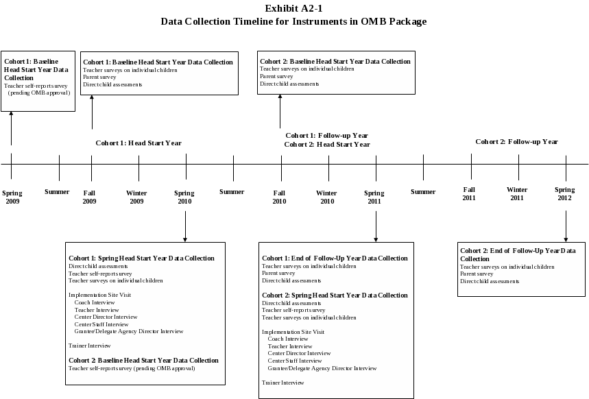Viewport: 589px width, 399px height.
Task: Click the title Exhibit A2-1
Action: (x=293, y=9)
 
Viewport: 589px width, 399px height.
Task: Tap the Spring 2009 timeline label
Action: (x=12, y=197)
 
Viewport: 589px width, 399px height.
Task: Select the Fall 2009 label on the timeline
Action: (x=90, y=197)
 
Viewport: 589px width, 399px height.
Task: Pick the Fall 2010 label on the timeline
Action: (x=279, y=197)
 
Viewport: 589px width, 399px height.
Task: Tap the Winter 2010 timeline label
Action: (x=326, y=197)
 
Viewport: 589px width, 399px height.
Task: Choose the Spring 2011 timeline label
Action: (x=374, y=197)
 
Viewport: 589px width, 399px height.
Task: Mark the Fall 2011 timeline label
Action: (x=470, y=193)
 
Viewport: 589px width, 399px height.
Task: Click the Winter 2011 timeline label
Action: (x=517, y=193)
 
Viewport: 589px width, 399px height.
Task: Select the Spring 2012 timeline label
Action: (x=565, y=193)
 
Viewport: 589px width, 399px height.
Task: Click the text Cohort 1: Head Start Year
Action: (x=138, y=143)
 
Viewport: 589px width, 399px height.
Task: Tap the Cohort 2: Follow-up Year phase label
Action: (x=516, y=142)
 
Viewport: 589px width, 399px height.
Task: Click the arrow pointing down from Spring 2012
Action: (x=566, y=226)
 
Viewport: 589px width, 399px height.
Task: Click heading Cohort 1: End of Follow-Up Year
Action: (x=335, y=258)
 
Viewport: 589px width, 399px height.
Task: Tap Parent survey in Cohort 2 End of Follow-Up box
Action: (x=477, y=274)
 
